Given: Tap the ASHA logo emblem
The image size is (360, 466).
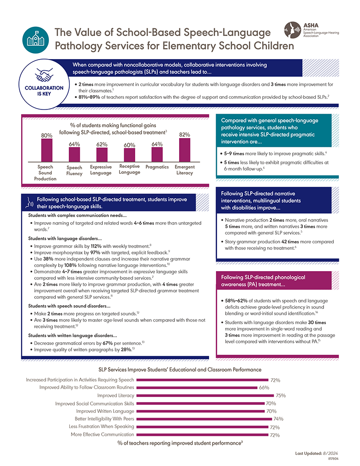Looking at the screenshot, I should click(x=292, y=30).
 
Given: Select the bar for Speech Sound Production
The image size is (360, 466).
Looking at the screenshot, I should click(x=47, y=150).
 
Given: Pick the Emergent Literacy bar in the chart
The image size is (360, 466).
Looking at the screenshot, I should click(x=185, y=149).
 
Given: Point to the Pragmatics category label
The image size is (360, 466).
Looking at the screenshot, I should click(x=157, y=167).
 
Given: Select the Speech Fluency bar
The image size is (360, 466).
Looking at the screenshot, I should click(x=74, y=154).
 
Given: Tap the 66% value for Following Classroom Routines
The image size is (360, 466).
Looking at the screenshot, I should click(x=264, y=387).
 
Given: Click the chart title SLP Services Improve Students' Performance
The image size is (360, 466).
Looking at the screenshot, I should click(x=180, y=369).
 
